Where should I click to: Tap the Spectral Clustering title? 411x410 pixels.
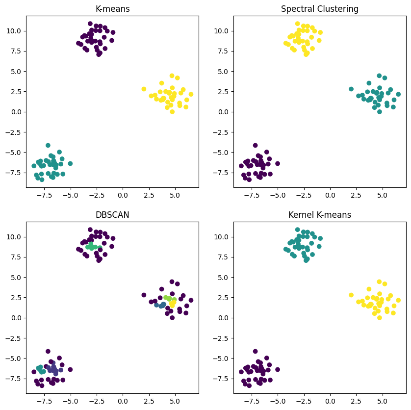320,9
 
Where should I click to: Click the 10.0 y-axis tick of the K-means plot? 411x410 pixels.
13,31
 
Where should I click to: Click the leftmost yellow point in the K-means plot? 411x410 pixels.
144,89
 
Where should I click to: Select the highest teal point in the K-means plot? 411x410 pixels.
48,145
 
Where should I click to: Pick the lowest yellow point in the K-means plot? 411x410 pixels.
172,112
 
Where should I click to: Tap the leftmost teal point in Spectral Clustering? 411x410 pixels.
351,89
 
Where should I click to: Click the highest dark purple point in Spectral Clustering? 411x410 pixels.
256,145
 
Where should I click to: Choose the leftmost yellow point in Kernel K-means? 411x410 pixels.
351,295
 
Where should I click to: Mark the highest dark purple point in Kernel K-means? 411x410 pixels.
256,351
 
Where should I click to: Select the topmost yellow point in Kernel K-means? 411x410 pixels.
379,282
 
